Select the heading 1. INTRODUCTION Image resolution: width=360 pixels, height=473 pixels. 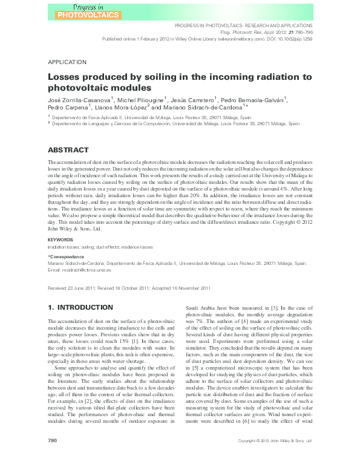pos(80,308)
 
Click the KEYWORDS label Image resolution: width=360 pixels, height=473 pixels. pos(61,240)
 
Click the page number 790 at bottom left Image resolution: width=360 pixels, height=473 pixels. pos(52,458)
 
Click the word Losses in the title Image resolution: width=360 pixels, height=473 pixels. pos(67,77)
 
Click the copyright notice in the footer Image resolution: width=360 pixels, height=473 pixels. pos(275,458)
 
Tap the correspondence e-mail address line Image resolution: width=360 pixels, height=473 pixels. pos(80,269)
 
